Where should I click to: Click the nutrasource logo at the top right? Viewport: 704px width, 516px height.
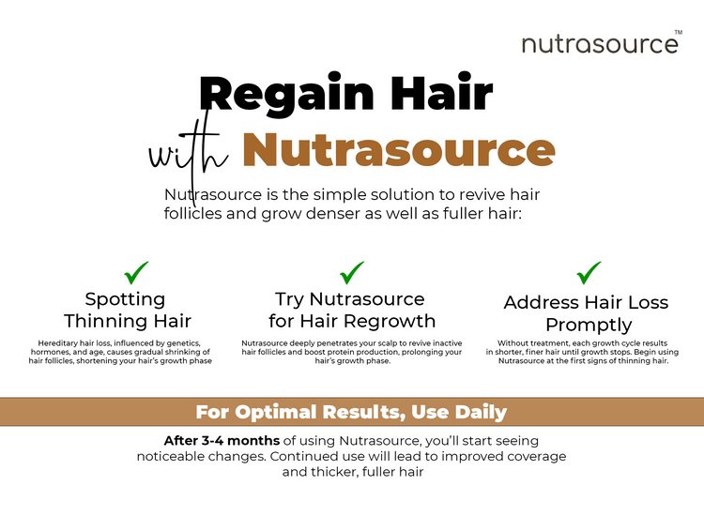(600, 44)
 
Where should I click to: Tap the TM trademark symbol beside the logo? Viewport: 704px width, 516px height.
(679, 32)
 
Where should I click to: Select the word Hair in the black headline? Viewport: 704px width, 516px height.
(441, 92)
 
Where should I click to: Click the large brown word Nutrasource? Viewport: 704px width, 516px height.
(399, 149)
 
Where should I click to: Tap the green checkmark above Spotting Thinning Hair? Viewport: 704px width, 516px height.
(136, 273)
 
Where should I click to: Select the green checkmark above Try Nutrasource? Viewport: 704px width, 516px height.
(352, 273)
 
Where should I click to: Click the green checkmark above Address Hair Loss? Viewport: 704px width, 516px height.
(589, 273)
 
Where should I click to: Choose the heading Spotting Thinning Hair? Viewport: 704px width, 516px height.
(128, 310)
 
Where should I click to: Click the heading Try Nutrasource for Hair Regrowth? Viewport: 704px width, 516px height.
(352, 310)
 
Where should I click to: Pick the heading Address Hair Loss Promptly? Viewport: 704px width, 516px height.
(587, 313)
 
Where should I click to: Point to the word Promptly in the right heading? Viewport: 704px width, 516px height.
(589, 325)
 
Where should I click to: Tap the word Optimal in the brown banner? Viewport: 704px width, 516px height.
(276, 412)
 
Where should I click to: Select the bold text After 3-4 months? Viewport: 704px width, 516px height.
(222, 441)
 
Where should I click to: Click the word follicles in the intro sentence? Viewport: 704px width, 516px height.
(193, 213)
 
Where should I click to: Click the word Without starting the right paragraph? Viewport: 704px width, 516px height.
(513, 343)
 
